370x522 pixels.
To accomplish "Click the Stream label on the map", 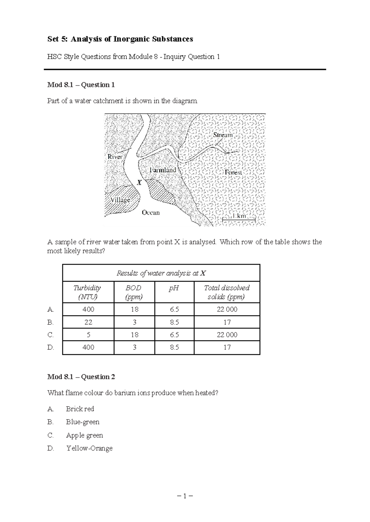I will tap(223, 135).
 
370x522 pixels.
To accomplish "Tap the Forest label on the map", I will tap(233, 172).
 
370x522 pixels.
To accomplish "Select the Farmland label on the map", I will tap(162, 170).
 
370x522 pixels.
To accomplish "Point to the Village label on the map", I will tap(120, 200).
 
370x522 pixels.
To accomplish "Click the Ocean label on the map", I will tap(151, 213).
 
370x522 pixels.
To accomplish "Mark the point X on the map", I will tap(139, 183).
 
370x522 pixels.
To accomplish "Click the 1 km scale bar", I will tap(239, 219).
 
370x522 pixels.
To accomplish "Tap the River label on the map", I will tap(115, 157).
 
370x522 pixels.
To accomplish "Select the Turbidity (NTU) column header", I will tap(87, 292).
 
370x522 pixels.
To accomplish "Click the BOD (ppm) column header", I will tap(134, 292).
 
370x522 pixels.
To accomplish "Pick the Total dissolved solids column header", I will tap(227, 292).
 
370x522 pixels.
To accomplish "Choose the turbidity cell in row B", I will tap(88, 322).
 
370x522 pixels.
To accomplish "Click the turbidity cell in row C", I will tap(88, 335).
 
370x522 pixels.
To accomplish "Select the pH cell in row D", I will tap(174, 347).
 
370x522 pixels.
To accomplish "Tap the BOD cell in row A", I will tap(134, 309).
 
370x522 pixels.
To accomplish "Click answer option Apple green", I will tap(84, 435).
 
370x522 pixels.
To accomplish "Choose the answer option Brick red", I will tap(80, 409).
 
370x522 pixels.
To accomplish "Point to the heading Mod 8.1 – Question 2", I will tap(81, 377).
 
